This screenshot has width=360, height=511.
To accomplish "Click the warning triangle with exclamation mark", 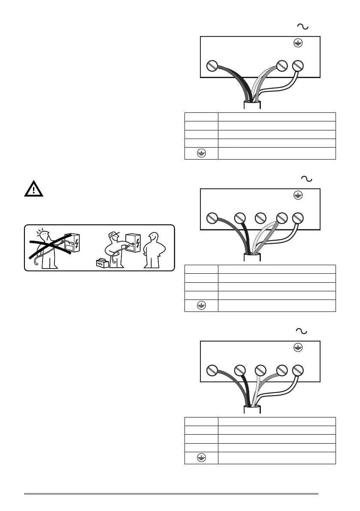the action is coord(33,189).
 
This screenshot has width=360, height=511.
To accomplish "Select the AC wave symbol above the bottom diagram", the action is coord(302,331).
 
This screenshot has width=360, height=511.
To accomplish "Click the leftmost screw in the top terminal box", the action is coord(211,66).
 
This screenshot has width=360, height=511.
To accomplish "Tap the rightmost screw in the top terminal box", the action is coord(298,66).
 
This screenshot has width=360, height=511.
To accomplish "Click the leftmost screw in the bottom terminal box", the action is coord(211,370).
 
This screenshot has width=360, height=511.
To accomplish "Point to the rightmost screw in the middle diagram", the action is coord(298,218).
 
